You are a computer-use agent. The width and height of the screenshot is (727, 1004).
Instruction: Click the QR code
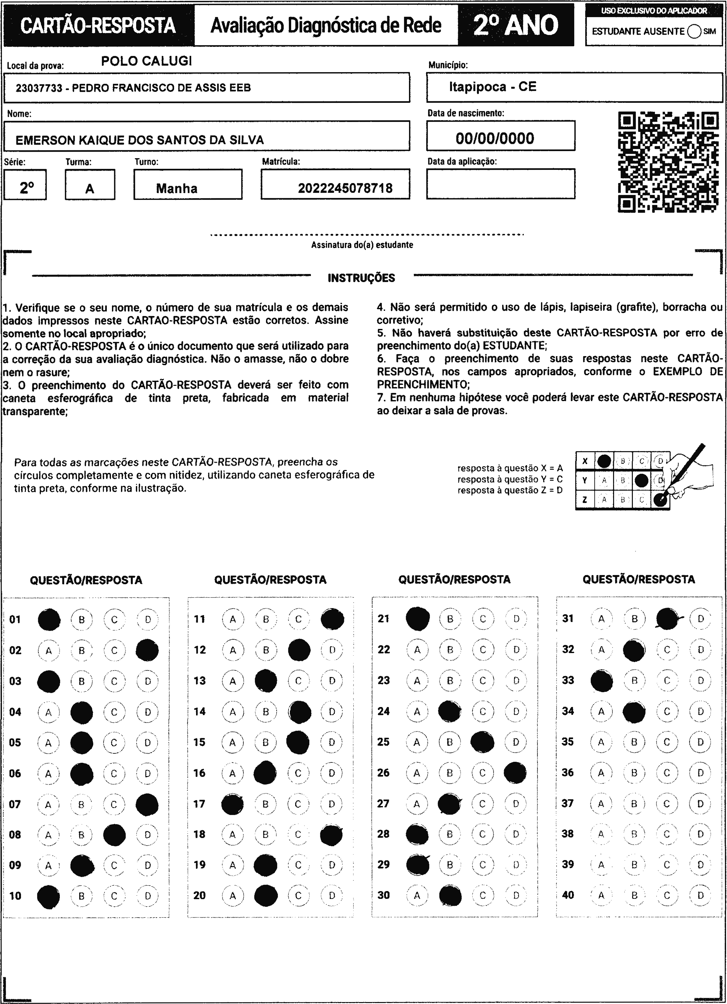pos(668,162)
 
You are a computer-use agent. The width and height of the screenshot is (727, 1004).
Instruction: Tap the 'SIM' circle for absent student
pos(694,31)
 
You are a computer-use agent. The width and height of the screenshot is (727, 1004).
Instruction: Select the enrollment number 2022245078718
pos(345,188)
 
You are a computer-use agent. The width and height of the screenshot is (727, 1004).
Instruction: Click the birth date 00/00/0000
pos(495,138)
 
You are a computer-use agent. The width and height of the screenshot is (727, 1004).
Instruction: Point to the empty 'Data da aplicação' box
pos(501,184)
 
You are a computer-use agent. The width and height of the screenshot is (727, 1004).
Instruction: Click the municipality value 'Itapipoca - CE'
pos(492,86)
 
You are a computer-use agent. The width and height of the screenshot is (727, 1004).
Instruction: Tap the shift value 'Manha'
pos(177,188)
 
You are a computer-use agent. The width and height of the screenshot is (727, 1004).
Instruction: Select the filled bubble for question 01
pos(49,619)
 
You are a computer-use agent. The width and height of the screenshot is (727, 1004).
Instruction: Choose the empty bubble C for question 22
pos(483,650)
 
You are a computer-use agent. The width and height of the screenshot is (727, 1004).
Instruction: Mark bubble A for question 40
pos(601,895)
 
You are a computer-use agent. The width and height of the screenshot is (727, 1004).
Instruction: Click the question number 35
pos(567,741)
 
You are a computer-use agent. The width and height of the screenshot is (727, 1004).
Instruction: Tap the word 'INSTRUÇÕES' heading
pos(361,278)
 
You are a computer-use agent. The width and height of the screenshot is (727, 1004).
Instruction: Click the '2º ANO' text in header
pos(516,25)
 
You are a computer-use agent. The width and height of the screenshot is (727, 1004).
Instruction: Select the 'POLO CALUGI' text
pos(147,61)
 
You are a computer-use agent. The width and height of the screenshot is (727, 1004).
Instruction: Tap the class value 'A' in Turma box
pos(90,189)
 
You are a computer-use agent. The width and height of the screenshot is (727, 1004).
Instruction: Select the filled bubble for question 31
pos(668,619)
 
